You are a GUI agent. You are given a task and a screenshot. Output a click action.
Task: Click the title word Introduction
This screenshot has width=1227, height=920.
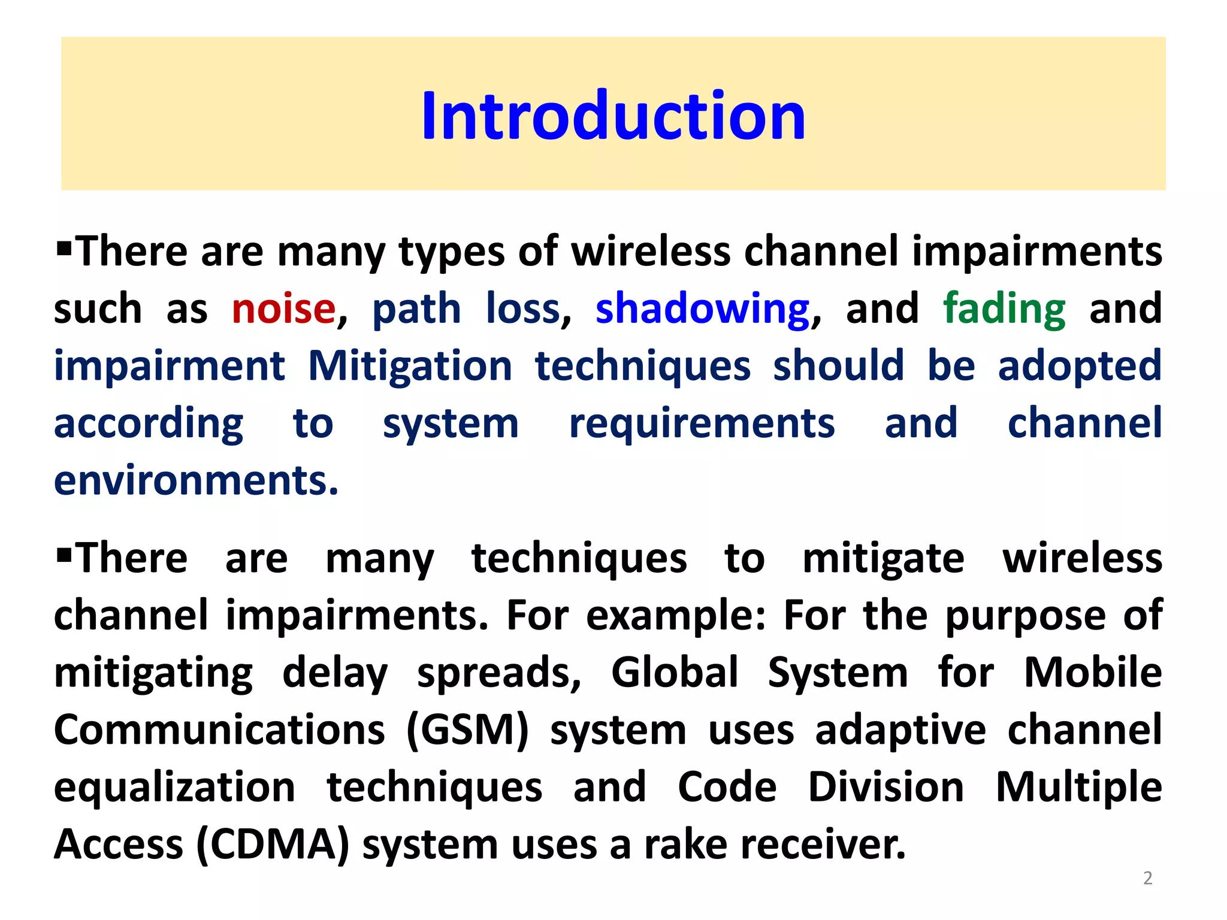613,116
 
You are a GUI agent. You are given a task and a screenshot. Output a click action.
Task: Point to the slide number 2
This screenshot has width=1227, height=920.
1147,878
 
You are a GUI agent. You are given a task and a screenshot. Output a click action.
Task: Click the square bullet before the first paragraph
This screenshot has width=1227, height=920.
64,246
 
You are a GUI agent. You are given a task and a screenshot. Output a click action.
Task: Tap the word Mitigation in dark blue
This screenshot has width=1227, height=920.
410,367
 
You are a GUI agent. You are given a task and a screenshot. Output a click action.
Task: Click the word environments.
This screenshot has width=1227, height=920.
196,481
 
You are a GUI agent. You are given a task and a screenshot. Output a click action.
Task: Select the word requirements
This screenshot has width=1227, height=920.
702,424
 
